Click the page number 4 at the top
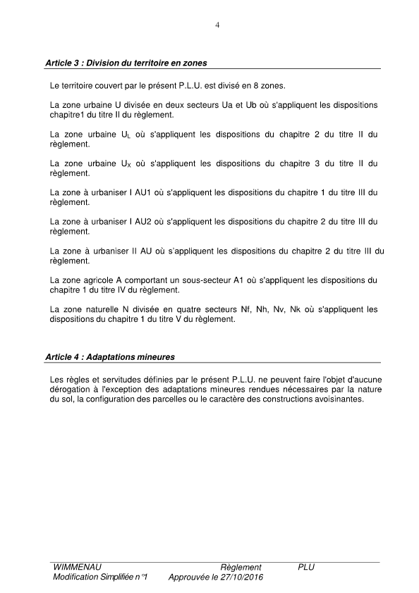coord(217,25)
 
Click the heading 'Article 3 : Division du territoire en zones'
coord(126,63)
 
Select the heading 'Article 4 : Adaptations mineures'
coord(109,356)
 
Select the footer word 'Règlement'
coord(241,567)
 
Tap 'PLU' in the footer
coord(306,567)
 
